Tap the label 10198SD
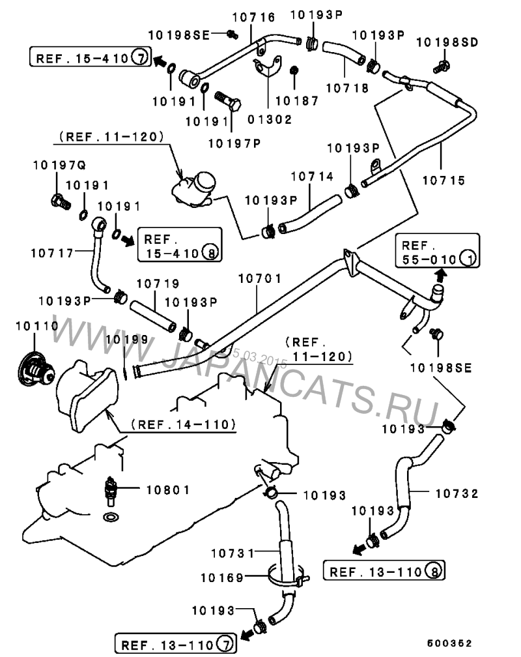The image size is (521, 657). tap(447, 43)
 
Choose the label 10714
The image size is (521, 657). tap(312, 177)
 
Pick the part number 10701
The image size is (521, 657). tap(260, 278)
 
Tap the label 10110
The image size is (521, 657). tap(33, 325)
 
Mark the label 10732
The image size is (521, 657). tap(456, 493)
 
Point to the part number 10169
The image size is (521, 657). tap(221, 577)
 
